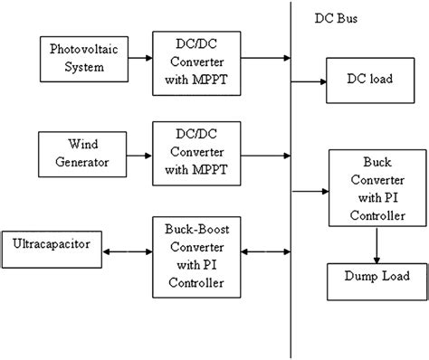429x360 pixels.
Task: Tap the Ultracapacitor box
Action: coord(52,244)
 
